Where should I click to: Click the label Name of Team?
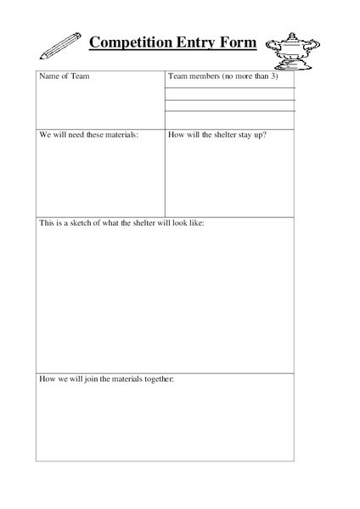coord(65,77)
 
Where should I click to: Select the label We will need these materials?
coord(88,134)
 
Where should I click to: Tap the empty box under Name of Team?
coord(99,106)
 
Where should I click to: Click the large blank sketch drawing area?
coord(165,297)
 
